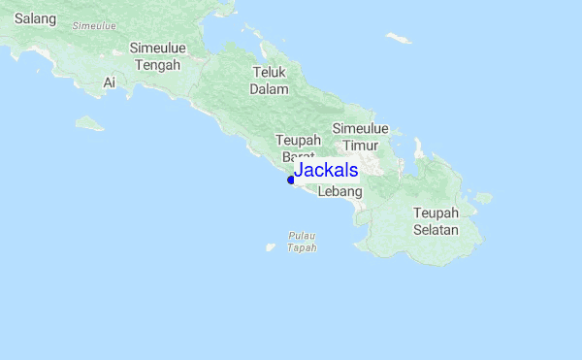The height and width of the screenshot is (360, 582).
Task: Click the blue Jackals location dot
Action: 291,180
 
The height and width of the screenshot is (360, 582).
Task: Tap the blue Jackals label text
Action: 326,171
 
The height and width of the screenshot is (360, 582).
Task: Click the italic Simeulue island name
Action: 95,25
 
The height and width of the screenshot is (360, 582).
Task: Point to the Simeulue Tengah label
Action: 156,57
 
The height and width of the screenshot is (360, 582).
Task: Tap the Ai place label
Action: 110,83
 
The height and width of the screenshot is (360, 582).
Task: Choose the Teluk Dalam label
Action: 270,81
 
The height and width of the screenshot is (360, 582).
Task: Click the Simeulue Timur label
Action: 361,136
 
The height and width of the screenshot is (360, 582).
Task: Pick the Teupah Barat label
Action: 297,147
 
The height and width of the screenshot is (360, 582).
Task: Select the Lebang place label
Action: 339,192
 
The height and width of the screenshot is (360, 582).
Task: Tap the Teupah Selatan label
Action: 436,221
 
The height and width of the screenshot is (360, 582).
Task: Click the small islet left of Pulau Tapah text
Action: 271,247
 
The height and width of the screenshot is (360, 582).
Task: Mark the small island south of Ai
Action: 88,123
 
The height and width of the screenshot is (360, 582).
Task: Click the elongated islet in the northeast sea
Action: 398,38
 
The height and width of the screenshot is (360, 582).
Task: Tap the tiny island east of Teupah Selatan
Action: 483,198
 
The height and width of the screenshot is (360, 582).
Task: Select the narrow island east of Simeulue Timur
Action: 420,147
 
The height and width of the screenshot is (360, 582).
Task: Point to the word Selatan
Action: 436,230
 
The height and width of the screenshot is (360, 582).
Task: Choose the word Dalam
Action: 270,89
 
